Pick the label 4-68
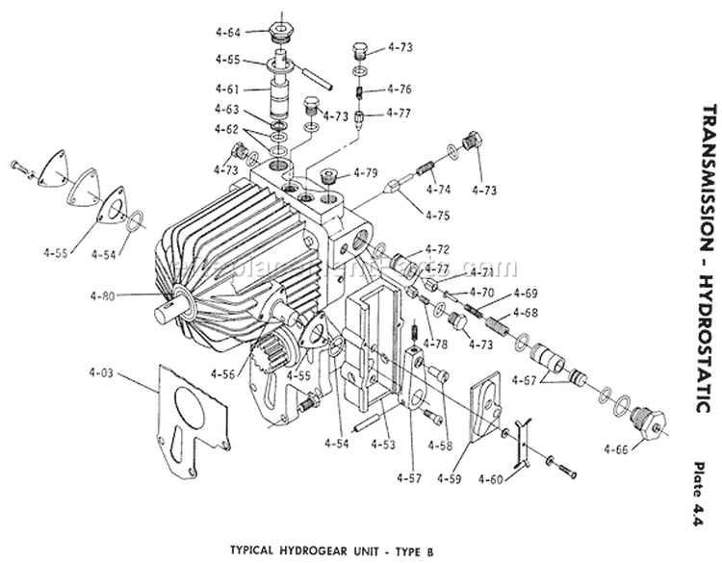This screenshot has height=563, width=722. point(526,312)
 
